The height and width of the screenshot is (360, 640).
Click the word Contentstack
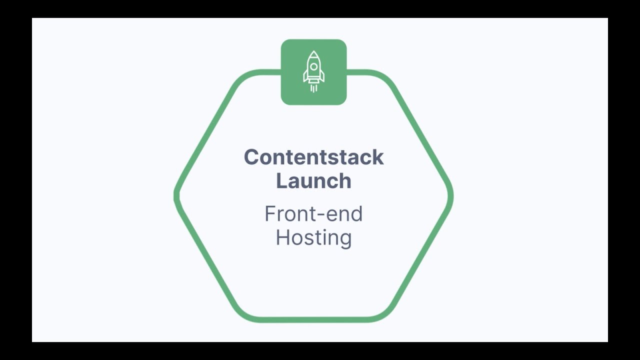pos(313,157)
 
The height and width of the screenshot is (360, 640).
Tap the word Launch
pos(313,180)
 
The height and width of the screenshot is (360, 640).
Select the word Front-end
pos(313,214)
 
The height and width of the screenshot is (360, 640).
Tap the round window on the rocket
pos(313,66)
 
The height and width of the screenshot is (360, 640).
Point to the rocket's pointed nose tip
pos(313,51)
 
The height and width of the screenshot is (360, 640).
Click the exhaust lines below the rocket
pos(313,88)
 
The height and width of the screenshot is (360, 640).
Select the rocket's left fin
pos(305,76)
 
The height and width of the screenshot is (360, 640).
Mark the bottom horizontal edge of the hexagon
pos(313,319)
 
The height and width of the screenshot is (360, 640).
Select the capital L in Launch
pos(281,180)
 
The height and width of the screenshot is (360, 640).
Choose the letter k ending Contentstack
pos(378,157)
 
